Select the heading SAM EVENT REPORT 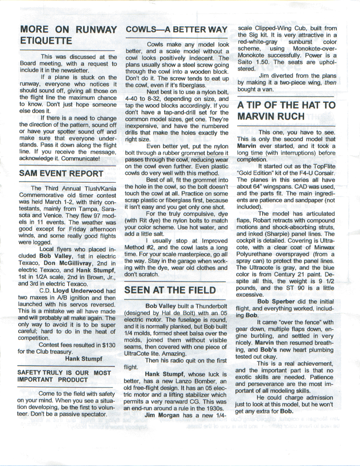click(61, 173)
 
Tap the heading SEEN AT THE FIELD click(170, 290)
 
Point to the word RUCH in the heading click(289, 116)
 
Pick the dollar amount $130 click(109, 345)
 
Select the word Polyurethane click(255, 254)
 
